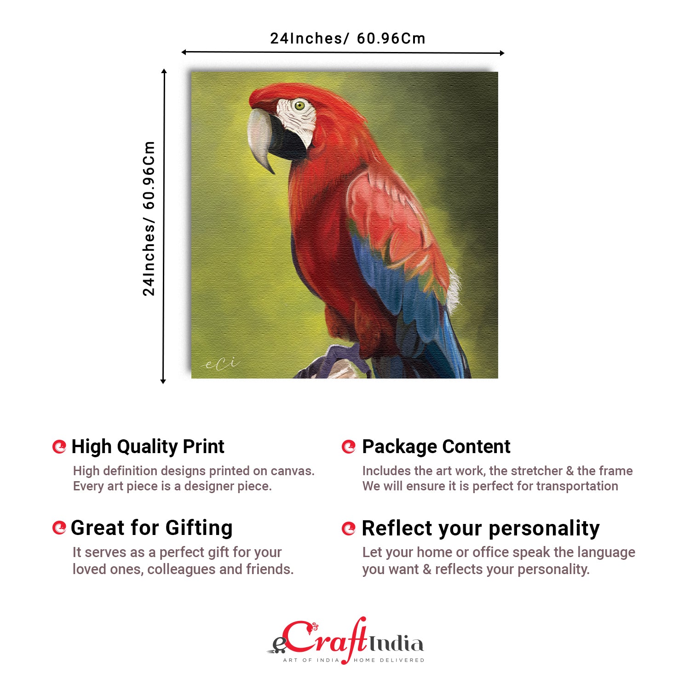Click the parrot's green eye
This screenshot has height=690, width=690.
tap(299, 106)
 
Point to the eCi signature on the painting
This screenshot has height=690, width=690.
tap(221, 364)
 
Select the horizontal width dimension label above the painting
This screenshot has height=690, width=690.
tap(347, 39)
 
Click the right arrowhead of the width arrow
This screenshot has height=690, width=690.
tap(502, 53)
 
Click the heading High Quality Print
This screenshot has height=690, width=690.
tap(148, 447)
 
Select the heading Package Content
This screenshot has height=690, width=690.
tap(436, 447)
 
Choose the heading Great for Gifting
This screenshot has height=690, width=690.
tap(151, 528)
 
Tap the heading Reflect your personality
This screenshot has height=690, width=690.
tap(481, 528)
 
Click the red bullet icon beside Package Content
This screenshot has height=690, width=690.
tap(349, 447)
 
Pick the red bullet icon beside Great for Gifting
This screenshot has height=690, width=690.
tap(59, 528)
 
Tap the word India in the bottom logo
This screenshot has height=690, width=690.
tap(396, 644)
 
